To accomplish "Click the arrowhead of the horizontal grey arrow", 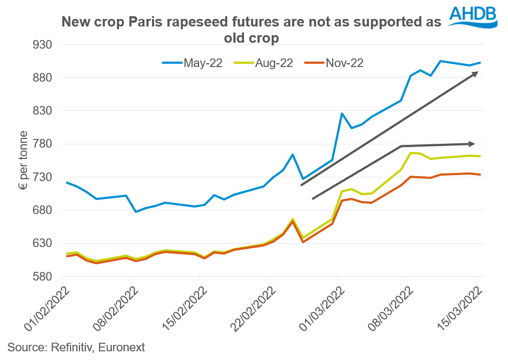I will (x=472, y=144).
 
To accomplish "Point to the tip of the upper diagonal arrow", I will (x=476, y=73).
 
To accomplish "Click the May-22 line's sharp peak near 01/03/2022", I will (x=342, y=114).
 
